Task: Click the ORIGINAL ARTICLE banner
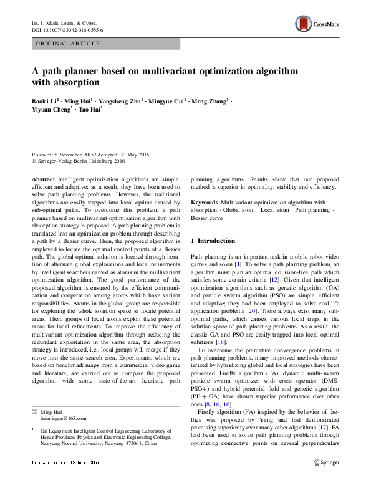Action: pyautogui.click(x=67, y=44)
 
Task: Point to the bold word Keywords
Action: pyautogui.click(x=204, y=203)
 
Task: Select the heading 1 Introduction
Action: pyautogui.click(x=213, y=241)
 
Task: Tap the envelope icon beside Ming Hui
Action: pyautogui.click(x=36, y=411)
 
